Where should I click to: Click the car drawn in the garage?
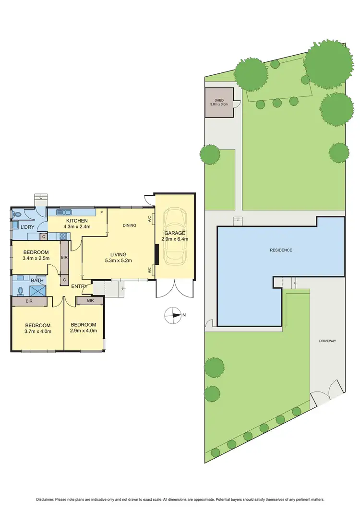pos(175,236)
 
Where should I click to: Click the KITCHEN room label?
pos(77,221)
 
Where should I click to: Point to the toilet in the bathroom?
pos(20,291)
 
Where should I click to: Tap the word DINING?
pos(130,225)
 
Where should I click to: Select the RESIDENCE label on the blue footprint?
pos(281,250)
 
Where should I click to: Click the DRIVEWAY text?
pos(328,341)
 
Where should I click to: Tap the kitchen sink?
pos(63,212)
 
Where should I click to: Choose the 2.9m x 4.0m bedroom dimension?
pos(83,331)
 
